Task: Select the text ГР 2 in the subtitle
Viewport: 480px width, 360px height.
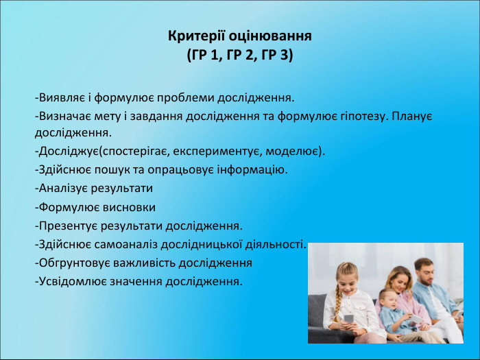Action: [x=241, y=55]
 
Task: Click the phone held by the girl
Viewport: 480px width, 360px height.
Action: [x=347, y=318]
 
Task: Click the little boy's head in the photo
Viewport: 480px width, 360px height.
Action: [x=387, y=298]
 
